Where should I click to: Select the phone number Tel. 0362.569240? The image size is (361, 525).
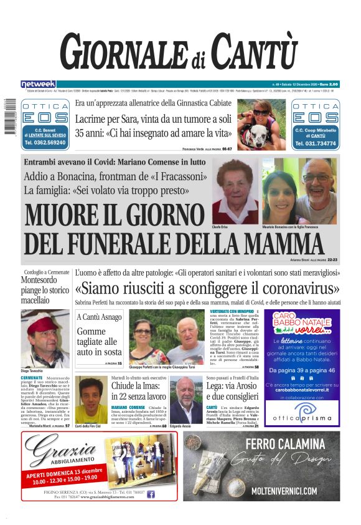click(45, 143)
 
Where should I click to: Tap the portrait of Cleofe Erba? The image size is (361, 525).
click(234, 192)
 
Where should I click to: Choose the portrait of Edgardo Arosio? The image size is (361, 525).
click(185, 400)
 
